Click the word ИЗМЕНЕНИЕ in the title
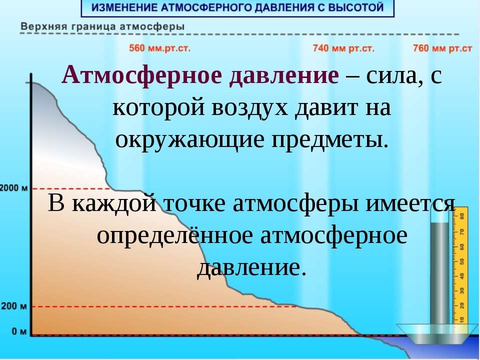(x=126, y=8)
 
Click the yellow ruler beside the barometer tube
(x=462, y=265)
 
